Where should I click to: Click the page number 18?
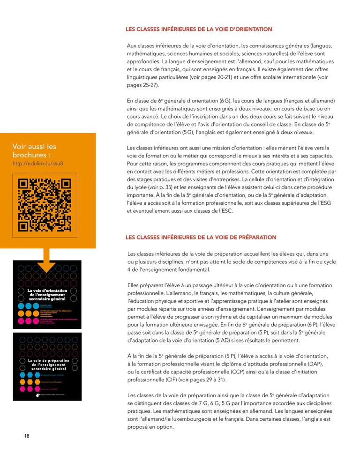pos(27,436)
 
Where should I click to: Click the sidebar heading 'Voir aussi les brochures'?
pos(34,150)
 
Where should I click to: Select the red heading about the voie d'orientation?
pos(199,30)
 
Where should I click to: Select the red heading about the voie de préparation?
pos(201,238)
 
